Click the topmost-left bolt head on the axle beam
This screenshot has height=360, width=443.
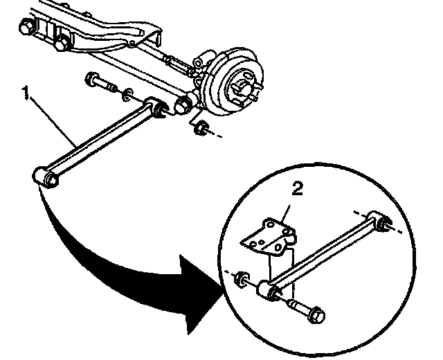(26, 28)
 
